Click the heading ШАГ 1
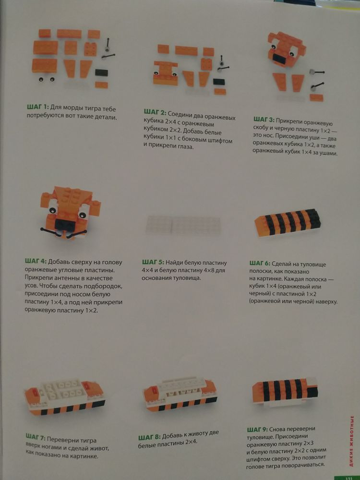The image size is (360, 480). point(36,108)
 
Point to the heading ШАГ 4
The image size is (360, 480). point(35,262)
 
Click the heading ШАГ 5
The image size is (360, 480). point(153,263)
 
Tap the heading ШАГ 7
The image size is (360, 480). point(36,436)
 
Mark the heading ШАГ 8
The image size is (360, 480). point(149,437)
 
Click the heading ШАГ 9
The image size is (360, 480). point(257,429)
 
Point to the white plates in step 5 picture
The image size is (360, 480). point(184,225)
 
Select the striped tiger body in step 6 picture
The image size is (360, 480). point(288,223)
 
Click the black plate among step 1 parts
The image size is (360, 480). point(101,72)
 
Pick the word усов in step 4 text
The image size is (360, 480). point(31,286)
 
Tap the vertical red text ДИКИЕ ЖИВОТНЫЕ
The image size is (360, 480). point(352,441)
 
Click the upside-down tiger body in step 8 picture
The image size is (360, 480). point(180,395)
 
